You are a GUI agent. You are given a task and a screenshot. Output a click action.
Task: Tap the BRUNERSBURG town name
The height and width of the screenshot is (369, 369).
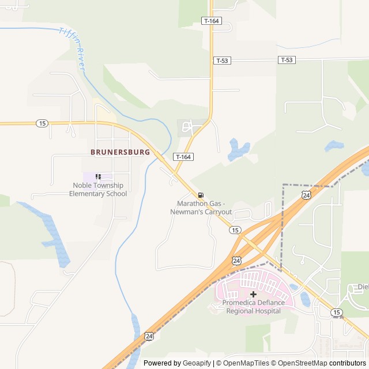point(120,152)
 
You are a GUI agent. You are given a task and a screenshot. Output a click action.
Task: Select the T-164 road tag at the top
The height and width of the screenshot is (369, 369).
point(212,21)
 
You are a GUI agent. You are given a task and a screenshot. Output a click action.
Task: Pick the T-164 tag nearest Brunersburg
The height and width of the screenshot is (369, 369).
point(183,157)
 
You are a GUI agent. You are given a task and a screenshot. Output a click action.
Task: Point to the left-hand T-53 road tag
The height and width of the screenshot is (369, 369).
point(222,61)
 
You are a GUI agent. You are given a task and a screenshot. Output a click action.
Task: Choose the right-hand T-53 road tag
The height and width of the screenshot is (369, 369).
point(287,60)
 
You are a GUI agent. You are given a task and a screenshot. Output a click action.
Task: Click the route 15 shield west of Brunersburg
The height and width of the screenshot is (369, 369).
point(42,123)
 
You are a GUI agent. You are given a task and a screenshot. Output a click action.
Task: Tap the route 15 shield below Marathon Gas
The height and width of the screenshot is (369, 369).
point(235,230)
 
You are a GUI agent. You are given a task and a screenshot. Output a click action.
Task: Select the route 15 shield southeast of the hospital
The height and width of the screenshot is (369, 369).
point(337,312)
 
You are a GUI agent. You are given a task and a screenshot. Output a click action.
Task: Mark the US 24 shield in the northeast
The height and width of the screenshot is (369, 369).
point(306,195)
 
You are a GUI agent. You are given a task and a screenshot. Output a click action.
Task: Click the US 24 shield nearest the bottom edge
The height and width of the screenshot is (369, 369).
point(149,336)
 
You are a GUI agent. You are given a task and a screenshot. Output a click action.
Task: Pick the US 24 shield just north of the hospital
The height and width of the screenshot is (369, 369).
point(236,261)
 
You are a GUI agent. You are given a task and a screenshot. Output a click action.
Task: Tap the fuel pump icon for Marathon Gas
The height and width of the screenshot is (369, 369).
point(201,195)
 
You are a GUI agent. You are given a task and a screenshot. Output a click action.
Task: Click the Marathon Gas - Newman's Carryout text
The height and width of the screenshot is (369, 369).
point(201,208)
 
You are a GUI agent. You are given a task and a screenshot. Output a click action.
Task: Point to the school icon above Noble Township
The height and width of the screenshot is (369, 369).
point(98,176)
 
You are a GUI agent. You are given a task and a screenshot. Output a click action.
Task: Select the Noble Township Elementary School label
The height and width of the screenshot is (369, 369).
point(98,190)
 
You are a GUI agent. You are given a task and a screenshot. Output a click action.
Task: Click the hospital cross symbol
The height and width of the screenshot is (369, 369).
point(253,294)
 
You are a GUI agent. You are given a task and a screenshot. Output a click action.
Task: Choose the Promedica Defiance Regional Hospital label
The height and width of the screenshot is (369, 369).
point(253,307)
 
